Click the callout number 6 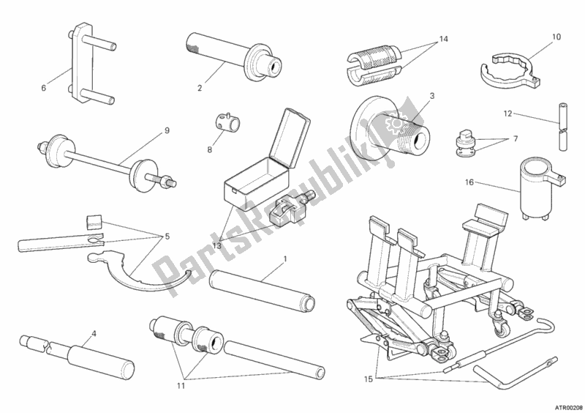(44, 88)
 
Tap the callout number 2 (200, 88)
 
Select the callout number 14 (443, 39)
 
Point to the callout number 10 (556, 37)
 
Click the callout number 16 (469, 182)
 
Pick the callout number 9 (167, 130)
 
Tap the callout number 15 (369, 379)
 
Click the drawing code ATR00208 (569, 406)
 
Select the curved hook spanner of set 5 (139, 274)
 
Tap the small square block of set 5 (94, 221)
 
